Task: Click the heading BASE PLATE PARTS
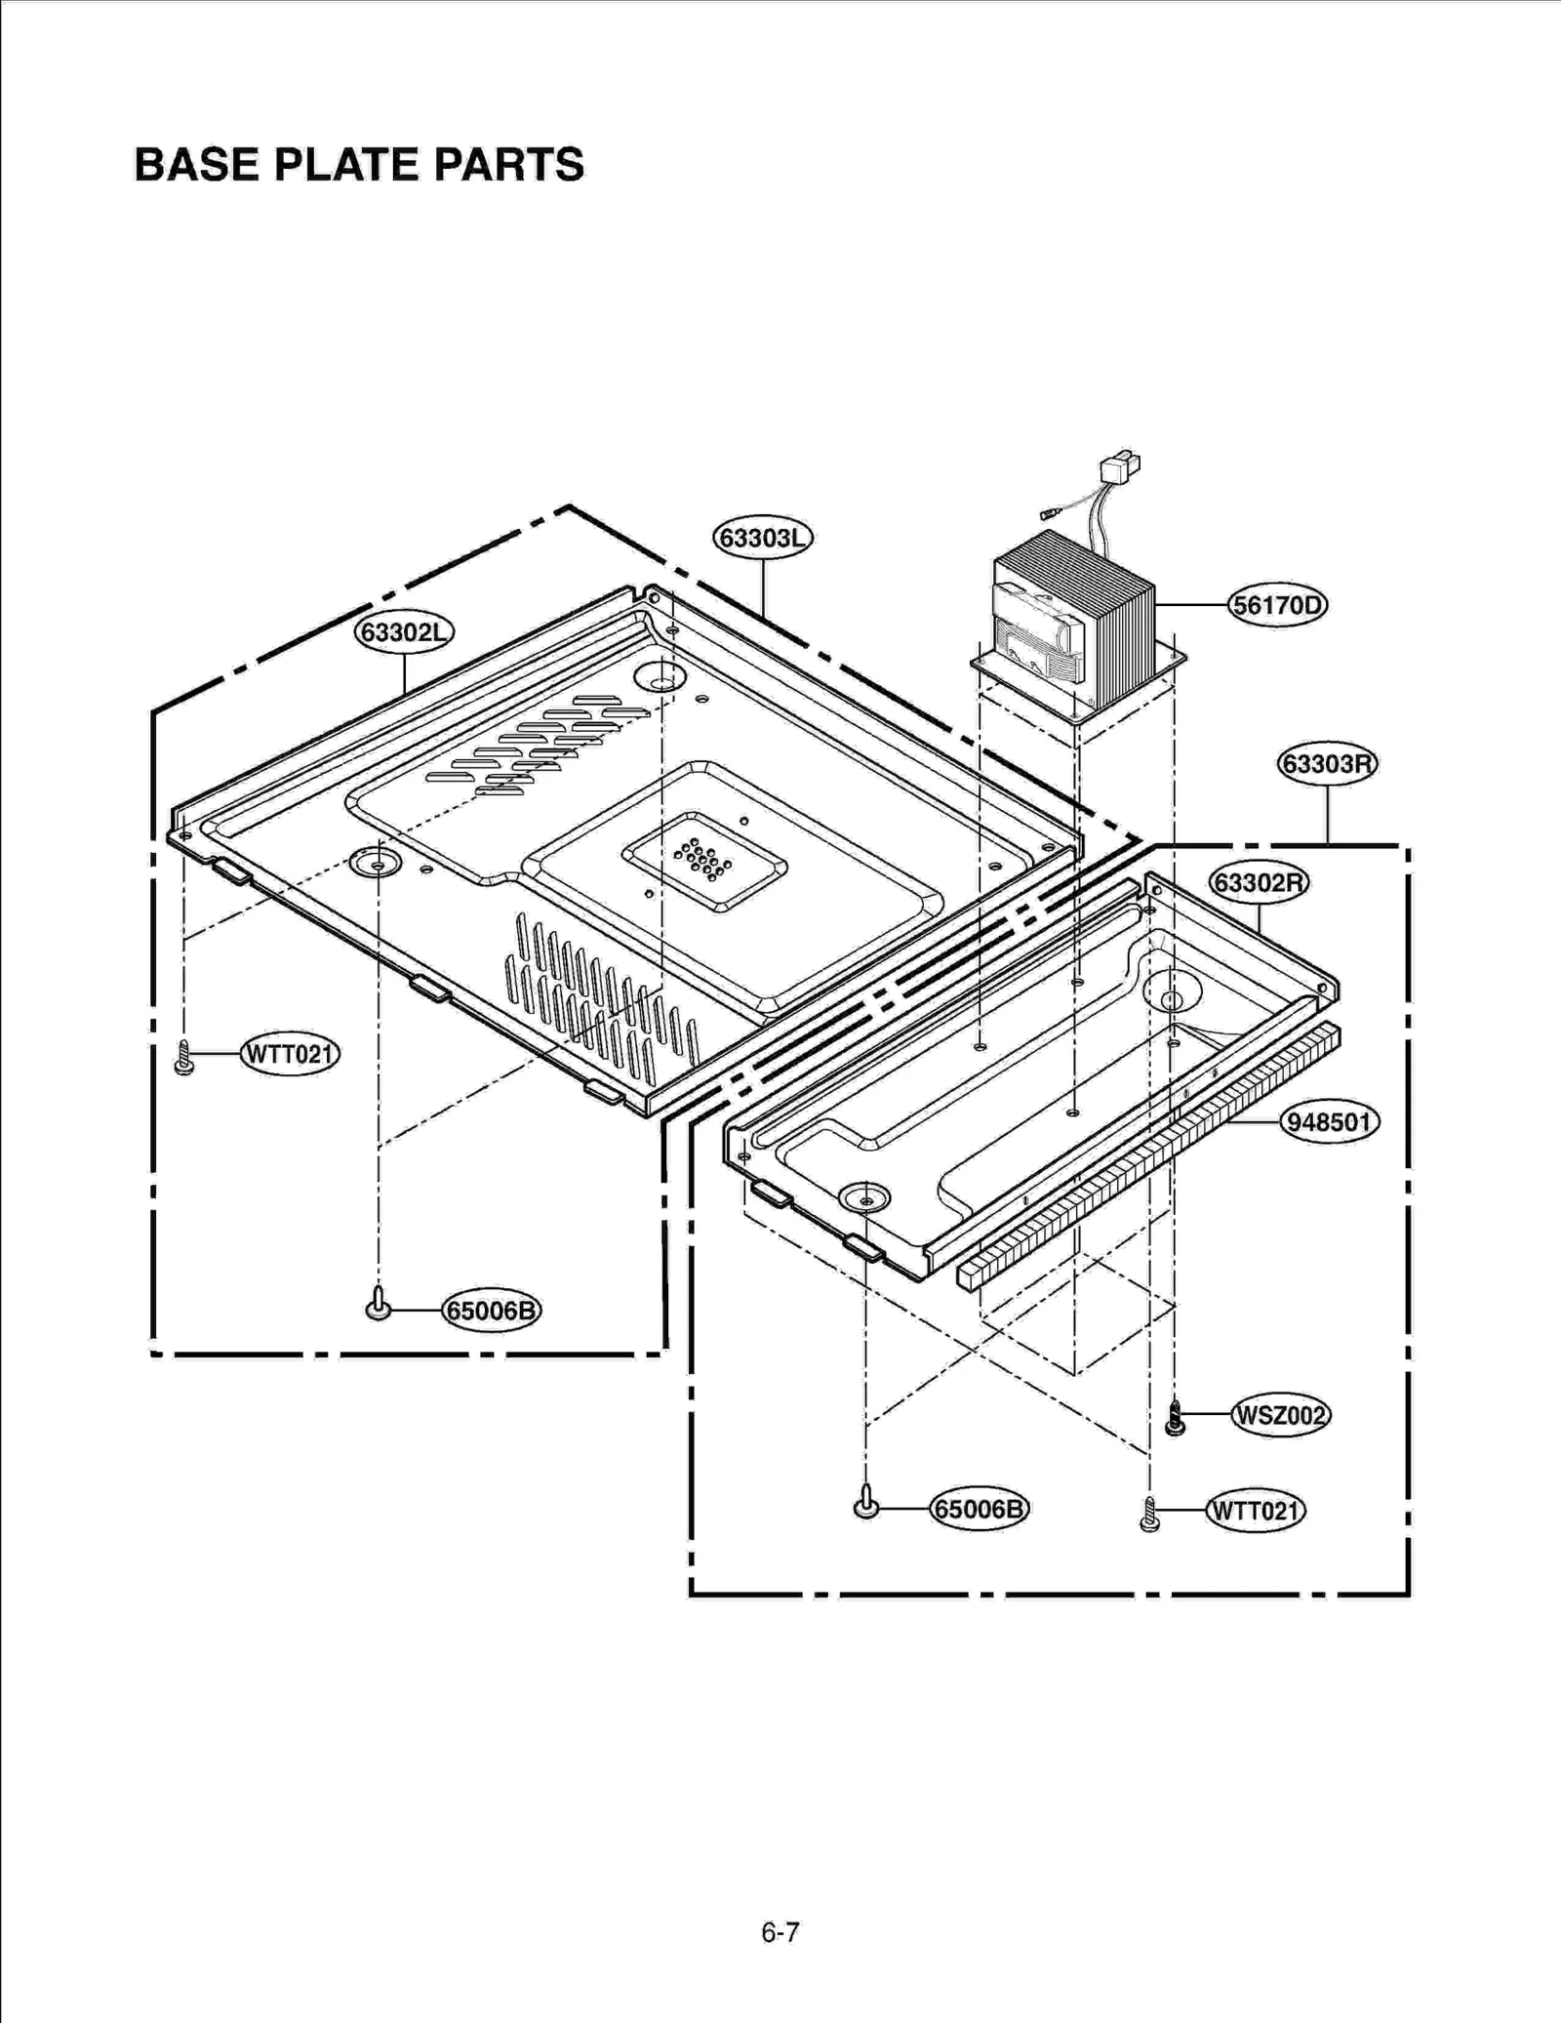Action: pyautogui.click(x=359, y=164)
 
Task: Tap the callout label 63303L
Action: pyautogui.click(x=763, y=538)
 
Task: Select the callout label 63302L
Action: pyautogui.click(x=404, y=632)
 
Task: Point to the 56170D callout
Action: pyautogui.click(x=1277, y=606)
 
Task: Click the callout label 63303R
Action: pyautogui.click(x=1327, y=763)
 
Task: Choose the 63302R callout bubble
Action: pyautogui.click(x=1259, y=883)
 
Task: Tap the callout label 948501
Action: pyautogui.click(x=1329, y=1122)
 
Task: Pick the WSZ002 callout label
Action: pyautogui.click(x=1280, y=1415)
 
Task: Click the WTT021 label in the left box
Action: pyautogui.click(x=290, y=1055)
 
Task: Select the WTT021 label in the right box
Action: pyautogui.click(x=1256, y=1512)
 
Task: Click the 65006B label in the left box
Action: pyautogui.click(x=491, y=1311)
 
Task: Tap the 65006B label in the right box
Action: pyautogui.click(x=980, y=1510)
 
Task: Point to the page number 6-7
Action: pyautogui.click(x=780, y=1932)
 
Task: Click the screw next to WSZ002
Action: pyautogui.click(x=1176, y=1418)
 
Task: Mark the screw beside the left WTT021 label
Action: pyautogui.click(x=183, y=1058)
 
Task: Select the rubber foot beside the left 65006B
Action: pyautogui.click(x=379, y=1306)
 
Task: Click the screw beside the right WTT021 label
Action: pyautogui.click(x=1150, y=1515)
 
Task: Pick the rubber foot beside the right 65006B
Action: pyautogui.click(x=866, y=1504)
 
